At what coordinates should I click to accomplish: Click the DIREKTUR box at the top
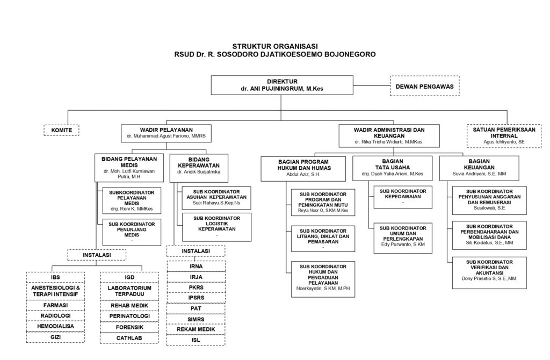pos(282,85)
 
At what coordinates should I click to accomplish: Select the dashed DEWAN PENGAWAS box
pos(424,86)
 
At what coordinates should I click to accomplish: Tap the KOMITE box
pos(61,130)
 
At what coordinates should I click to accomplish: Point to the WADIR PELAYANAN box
pos(166,133)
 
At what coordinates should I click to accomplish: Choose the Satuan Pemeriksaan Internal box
pos(503,135)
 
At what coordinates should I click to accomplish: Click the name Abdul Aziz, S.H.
pos(303,174)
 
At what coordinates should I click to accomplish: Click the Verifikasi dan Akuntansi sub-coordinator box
pos(489,272)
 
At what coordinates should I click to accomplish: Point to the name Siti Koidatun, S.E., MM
pos(489,243)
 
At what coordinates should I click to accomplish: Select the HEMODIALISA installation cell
pos(55,326)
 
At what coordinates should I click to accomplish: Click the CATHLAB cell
pos(129,338)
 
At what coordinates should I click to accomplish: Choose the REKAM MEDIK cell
pos(196,329)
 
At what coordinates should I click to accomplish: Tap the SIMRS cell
pos(196,319)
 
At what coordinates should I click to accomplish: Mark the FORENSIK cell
pos(129,327)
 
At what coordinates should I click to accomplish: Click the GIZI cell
pos(55,337)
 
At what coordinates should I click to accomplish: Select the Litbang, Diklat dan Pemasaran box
pos(323,239)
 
